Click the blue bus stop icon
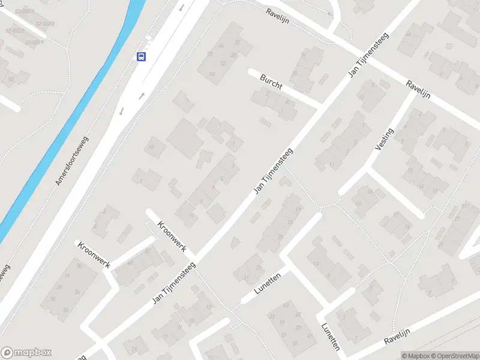click(142, 57)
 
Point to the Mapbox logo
click(26, 353)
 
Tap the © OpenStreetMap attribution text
click(455, 356)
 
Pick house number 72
click(236, 43)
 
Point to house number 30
click(79, 265)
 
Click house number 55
click(295, 343)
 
